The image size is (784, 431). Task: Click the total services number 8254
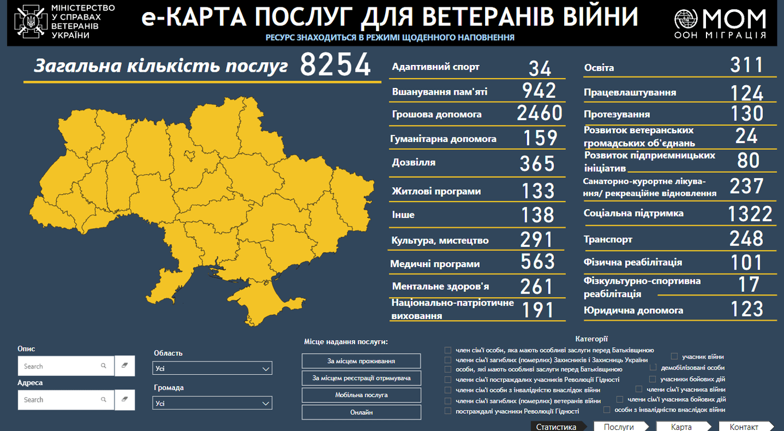tap(335, 65)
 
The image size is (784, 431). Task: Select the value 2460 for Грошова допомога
tap(540, 113)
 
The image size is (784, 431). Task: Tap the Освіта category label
tap(599, 68)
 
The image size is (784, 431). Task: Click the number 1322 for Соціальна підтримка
tap(750, 214)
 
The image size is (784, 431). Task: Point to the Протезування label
tap(617, 114)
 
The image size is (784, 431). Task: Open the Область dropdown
tap(213, 368)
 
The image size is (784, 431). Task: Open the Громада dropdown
tap(213, 403)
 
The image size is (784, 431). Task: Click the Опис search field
tap(61, 366)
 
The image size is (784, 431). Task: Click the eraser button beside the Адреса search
tap(125, 399)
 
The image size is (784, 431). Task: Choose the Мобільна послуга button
tap(361, 395)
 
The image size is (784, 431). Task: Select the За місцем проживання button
tap(361, 361)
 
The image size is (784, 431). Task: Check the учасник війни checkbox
tap(674, 357)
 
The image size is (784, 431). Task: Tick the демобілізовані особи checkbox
tap(653, 368)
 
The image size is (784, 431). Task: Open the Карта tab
tap(681, 427)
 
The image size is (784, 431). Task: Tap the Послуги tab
tap(619, 427)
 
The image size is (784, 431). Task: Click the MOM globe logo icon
tap(686, 20)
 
